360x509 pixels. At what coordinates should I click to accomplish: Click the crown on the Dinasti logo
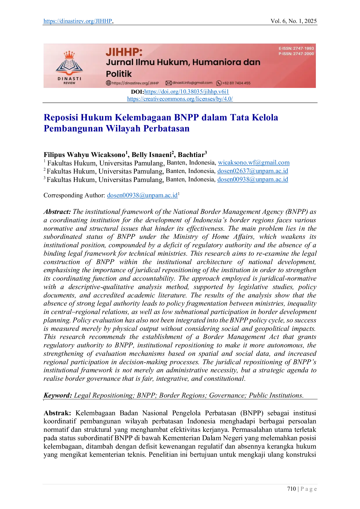pyautogui.click(x=69, y=55)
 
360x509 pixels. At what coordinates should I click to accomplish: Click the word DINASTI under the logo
pyautogui.click(x=69, y=78)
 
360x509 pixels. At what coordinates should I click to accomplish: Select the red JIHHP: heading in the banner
pyautogui.click(x=124, y=52)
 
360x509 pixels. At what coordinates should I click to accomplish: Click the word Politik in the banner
pyautogui.click(x=119, y=74)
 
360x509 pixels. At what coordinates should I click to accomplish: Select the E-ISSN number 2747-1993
pyautogui.click(x=303, y=48)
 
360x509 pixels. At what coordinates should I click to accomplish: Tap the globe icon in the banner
pyautogui.click(x=108, y=83)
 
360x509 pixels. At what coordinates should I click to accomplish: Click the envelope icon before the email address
pyautogui.click(x=168, y=83)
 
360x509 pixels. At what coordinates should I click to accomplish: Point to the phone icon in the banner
pyautogui.click(x=219, y=83)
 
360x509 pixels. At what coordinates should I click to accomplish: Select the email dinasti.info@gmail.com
pyautogui.click(x=192, y=83)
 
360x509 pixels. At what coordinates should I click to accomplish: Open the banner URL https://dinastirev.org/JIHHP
pyautogui.click(x=135, y=83)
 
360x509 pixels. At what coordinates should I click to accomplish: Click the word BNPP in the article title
pyautogui.click(x=187, y=117)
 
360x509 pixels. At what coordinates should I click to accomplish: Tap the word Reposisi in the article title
pyautogui.click(x=60, y=117)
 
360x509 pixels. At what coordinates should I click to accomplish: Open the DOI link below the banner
pyautogui.click(x=186, y=92)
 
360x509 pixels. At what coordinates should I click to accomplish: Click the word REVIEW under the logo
pyautogui.click(x=69, y=83)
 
